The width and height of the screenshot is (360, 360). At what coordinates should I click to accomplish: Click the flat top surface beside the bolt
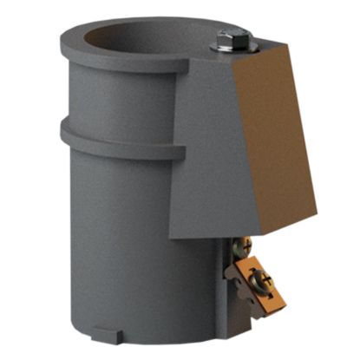pyautogui.click(x=256, y=50)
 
